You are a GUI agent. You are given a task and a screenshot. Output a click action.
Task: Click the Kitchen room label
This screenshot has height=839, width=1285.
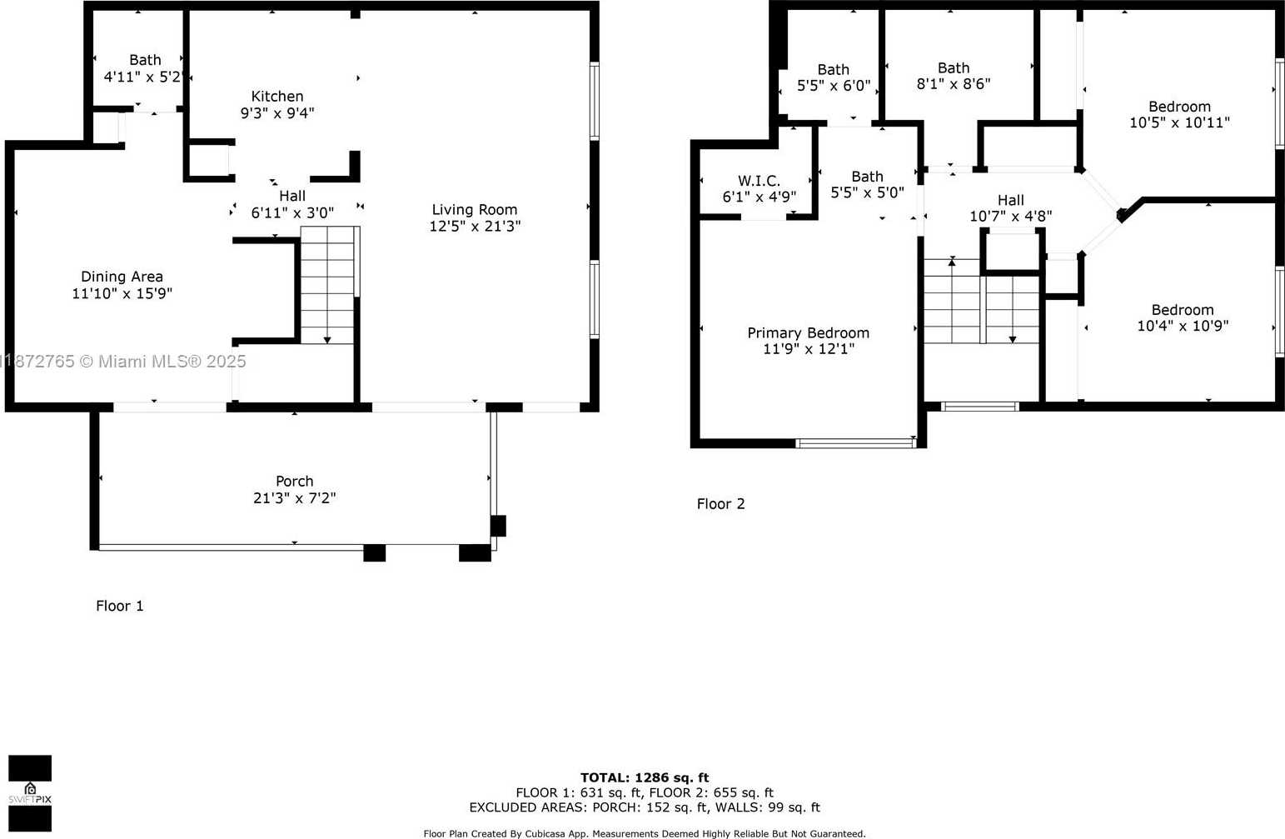(x=277, y=96)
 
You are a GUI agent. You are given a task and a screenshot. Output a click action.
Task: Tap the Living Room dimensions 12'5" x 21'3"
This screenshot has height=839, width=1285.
(x=475, y=226)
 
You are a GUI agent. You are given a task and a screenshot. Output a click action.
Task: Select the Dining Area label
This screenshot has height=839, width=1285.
(x=122, y=277)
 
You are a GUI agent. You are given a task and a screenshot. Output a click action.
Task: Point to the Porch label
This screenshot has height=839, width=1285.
(x=294, y=481)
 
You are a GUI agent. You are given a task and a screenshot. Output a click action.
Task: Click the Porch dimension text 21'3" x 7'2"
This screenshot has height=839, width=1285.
(x=294, y=497)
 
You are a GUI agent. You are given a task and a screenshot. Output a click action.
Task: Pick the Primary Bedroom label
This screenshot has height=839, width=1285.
(x=809, y=332)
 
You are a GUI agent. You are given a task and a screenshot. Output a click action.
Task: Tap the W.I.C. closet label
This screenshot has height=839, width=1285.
(x=759, y=181)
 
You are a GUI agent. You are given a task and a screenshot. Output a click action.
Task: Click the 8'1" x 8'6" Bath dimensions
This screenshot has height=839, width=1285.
(x=954, y=84)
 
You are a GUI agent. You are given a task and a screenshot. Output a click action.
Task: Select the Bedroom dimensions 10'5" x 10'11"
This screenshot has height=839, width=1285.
(x=1179, y=122)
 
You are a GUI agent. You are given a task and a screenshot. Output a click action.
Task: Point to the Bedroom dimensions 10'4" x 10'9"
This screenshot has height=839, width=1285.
(x=1183, y=326)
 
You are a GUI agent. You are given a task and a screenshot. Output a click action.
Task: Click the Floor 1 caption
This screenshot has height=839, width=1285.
(x=120, y=606)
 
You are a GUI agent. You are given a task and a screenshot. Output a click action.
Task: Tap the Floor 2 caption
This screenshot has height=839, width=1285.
(x=720, y=504)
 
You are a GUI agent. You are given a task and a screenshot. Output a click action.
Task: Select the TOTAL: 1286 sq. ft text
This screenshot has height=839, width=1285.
(x=645, y=777)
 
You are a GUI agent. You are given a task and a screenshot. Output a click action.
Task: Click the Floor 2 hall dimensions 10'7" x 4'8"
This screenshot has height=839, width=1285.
(x=1011, y=217)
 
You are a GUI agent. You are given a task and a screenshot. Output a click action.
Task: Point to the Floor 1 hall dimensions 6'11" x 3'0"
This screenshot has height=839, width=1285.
(x=292, y=213)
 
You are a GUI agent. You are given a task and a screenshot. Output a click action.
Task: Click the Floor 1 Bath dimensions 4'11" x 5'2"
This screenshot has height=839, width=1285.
(x=143, y=77)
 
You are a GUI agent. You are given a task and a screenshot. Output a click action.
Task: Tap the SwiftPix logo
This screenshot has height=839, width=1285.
(x=30, y=793)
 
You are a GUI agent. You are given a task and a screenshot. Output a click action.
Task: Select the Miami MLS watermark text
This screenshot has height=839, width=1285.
(x=123, y=361)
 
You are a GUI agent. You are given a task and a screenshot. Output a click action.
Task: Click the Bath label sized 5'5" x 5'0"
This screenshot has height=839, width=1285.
(x=868, y=176)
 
